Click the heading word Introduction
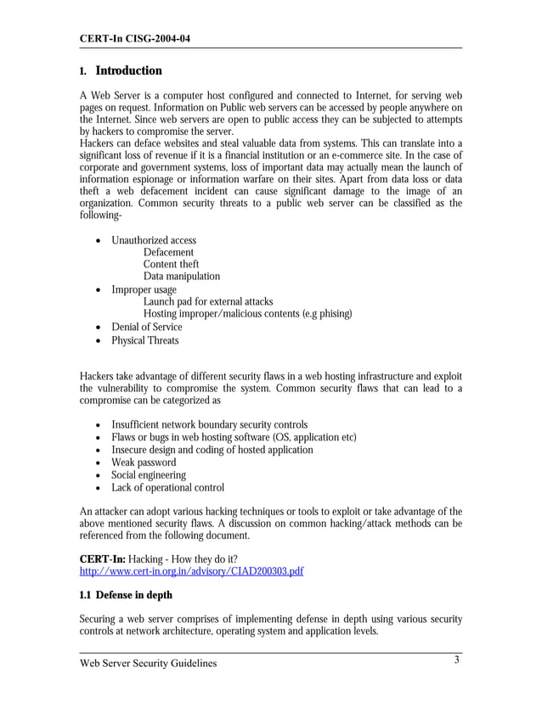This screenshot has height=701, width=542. click(128, 70)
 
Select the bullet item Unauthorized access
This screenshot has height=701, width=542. click(154, 241)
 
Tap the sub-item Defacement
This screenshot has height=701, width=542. click(168, 253)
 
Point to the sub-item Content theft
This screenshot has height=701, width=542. click(171, 265)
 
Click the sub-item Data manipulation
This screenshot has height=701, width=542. click(181, 277)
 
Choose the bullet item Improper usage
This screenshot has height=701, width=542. click(144, 289)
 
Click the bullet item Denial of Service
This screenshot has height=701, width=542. click(147, 327)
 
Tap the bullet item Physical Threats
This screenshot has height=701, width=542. click(145, 340)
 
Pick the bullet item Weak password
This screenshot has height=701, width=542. click(144, 463)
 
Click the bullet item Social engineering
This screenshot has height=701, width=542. click(149, 475)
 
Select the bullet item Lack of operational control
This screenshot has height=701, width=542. click(167, 488)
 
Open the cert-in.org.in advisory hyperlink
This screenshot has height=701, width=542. click(191, 571)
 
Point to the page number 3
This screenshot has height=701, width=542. click(456, 660)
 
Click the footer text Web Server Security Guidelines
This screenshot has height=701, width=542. click(148, 663)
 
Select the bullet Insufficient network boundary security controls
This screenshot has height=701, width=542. click(209, 424)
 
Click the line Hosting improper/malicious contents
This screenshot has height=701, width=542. click(247, 314)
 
